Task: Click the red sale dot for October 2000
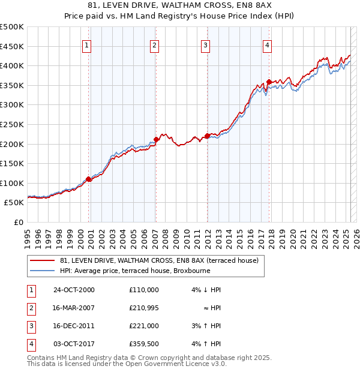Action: [89, 179]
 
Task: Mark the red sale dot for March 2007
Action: [156, 140]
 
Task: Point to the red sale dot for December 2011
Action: [207, 136]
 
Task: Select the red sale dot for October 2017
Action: [269, 82]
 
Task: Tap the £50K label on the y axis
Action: [14, 203]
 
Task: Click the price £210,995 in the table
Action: [144, 308]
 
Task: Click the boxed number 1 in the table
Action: [31, 290]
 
